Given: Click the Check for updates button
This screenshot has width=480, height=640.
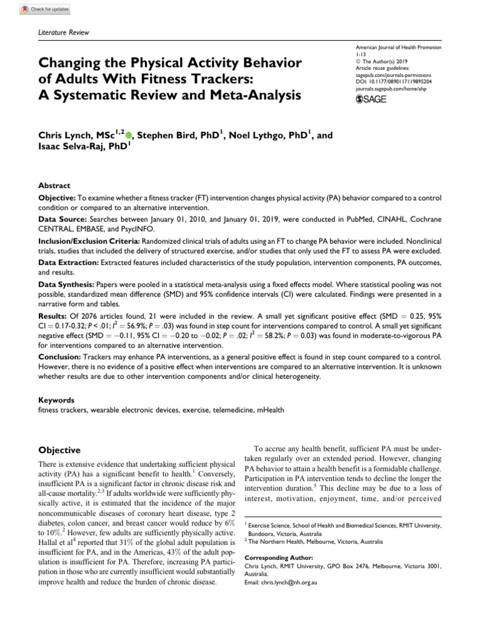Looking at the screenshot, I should point(46,10).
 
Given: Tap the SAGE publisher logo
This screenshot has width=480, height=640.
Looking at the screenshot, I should point(371,99).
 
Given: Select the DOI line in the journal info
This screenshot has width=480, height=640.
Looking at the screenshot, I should point(393,82).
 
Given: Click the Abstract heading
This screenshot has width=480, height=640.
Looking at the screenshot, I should point(54,186).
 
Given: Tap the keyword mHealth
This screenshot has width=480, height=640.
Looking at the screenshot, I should point(269,410).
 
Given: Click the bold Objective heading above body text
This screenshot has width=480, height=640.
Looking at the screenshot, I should point(59,450).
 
